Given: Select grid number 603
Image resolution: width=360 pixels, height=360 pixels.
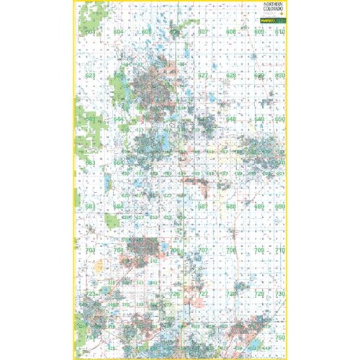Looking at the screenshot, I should pyautogui.click(x=91, y=33).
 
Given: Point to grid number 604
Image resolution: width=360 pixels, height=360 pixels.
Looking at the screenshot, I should pyautogui.click(x=118, y=33).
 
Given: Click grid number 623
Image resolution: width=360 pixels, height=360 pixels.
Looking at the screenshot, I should pyautogui.click(x=91, y=76).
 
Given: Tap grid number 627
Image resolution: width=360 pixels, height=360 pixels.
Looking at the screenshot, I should pyautogui.click(x=204, y=76).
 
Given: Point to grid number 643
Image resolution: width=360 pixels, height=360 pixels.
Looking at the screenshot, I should pyautogui.click(x=91, y=120).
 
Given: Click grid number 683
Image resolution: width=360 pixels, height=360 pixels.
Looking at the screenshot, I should pyautogui.click(x=91, y=207).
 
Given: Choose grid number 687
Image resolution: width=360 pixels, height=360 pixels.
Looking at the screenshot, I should pyautogui.click(x=204, y=207).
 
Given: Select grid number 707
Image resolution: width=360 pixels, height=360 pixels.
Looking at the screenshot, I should pyautogui.click(x=204, y=251).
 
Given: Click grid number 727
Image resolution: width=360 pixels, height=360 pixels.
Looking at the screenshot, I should pyautogui.click(x=204, y=294).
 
